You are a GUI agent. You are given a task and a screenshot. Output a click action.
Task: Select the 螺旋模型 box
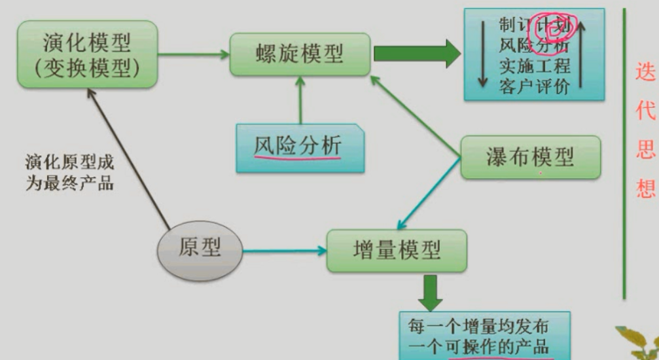(x=300, y=54)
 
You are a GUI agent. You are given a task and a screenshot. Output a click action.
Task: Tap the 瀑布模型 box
(x=530, y=157)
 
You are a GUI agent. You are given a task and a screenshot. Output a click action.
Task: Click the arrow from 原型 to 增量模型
(x=285, y=249)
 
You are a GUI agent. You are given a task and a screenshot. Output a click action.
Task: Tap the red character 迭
(x=644, y=71)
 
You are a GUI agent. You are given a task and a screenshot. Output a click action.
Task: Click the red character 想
(x=644, y=189)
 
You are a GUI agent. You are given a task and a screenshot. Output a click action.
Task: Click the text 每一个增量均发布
(x=477, y=326)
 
